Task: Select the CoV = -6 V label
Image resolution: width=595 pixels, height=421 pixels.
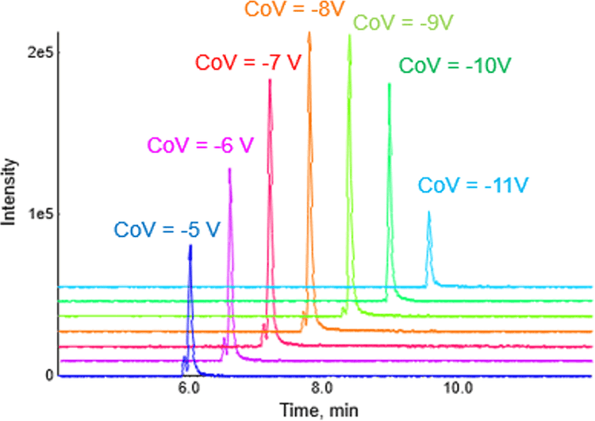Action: (x=198, y=147)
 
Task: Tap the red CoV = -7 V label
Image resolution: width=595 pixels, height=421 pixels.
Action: (x=247, y=63)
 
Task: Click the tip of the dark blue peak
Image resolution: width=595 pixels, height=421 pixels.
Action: (x=190, y=246)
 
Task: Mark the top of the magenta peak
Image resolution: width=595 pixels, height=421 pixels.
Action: (x=230, y=169)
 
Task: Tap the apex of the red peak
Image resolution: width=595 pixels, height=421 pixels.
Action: (x=271, y=80)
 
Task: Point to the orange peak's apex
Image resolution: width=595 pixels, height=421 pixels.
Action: (x=309, y=33)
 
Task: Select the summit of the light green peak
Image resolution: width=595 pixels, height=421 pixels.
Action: (x=349, y=36)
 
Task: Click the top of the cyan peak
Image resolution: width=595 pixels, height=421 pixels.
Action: (x=429, y=212)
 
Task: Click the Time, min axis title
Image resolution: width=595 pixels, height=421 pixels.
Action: (x=312, y=409)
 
